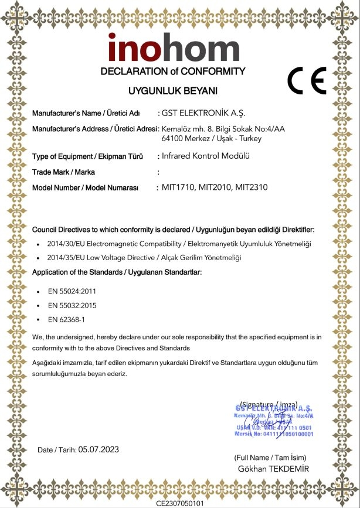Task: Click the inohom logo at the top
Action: tap(173, 48)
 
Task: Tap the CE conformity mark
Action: tap(307, 81)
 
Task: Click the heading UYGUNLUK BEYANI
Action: tap(173, 91)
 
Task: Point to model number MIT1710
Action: tap(178, 187)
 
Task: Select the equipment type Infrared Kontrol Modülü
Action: tap(206, 156)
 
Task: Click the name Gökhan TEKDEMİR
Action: tap(273, 469)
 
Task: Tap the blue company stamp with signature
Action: tap(274, 421)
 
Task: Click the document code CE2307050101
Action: tap(180, 503)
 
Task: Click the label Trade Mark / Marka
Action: tap(63, 172)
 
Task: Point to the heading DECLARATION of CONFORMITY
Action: tap(173, 71)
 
